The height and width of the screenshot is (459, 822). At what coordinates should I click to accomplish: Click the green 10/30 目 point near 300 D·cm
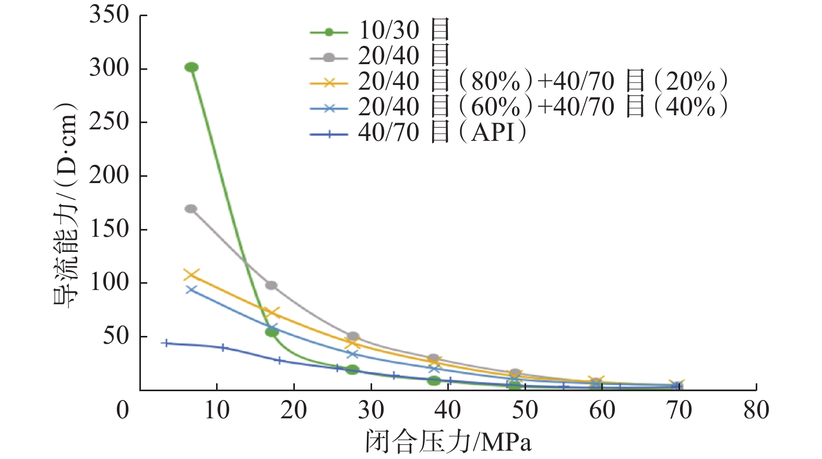(192, 67)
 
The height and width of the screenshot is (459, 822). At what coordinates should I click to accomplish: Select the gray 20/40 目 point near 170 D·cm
(191, 209)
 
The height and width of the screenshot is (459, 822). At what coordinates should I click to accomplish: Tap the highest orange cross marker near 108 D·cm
(192, 275)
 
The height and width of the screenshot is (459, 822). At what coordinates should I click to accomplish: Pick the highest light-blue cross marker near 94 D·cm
(192, 290)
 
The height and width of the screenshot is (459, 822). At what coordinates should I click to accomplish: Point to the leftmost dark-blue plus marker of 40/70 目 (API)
(166, 343)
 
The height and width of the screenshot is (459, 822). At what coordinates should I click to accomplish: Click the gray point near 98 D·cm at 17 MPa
(271, 285)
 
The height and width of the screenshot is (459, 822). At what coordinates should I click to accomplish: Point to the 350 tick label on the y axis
(109, 15)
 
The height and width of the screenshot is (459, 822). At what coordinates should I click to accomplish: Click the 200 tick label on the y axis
(109, 175)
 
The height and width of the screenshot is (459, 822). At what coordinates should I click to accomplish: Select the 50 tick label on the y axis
(116, 336)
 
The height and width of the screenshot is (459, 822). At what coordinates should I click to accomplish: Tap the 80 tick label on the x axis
(756, 411)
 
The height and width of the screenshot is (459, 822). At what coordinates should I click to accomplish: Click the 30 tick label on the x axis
(371, 411)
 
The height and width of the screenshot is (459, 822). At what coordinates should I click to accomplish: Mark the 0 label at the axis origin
(123, 411)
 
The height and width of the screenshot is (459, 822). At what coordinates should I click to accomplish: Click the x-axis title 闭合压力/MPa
(448, 442)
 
